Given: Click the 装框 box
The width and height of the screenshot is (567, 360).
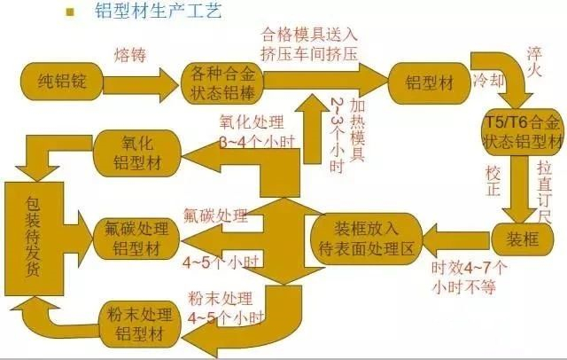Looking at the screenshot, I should click(x=519, y=238).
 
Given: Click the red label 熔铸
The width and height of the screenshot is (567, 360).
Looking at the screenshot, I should click(x=127, y=55).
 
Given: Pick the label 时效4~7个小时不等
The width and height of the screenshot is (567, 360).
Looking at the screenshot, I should click(x=470, y=275).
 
